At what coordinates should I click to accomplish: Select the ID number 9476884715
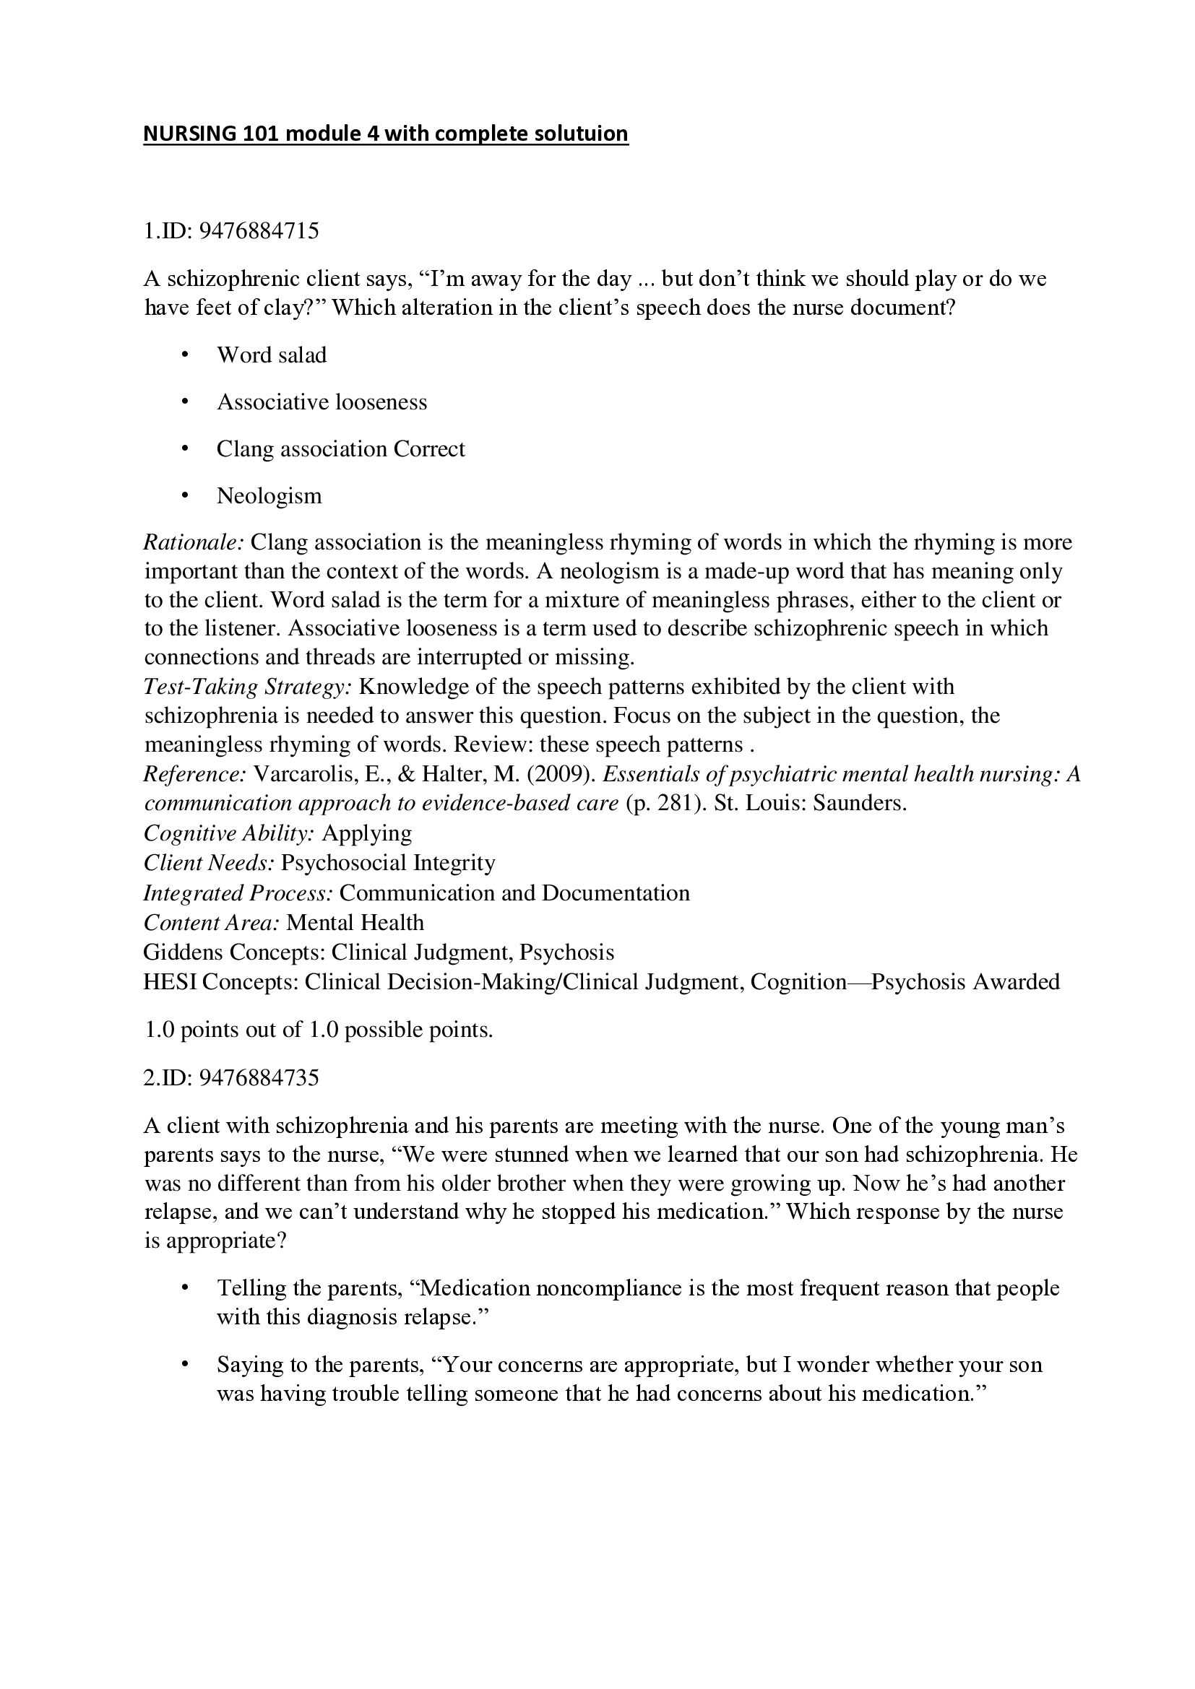click(x=260, y=231)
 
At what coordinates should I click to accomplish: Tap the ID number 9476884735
click(x=260, y=1077)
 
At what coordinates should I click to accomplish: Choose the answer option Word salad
click(x=272, y=355)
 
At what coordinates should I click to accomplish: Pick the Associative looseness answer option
click(x=322, y=402)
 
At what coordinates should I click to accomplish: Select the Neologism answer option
click(x=269, y=496)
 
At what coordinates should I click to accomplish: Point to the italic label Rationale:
click(x=194, y=543)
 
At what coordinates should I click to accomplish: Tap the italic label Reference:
click(x=195, y=775)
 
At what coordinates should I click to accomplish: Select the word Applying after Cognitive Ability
click(x=367, y=833)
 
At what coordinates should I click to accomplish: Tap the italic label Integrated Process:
click(x=238, y=893)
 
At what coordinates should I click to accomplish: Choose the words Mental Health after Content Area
click(x=355, y=922)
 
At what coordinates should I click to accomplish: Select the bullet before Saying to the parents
click(x=185, y=1365)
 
